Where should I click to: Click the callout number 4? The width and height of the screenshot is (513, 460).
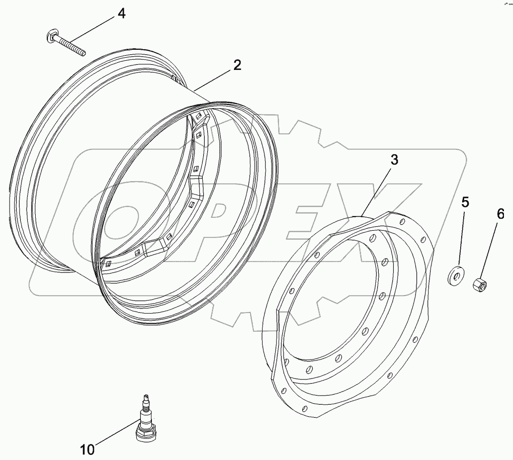121,13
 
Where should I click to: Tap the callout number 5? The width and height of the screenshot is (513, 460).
465,203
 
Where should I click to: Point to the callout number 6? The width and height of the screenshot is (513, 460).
500,213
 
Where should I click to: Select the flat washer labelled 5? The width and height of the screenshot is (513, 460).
456,276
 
